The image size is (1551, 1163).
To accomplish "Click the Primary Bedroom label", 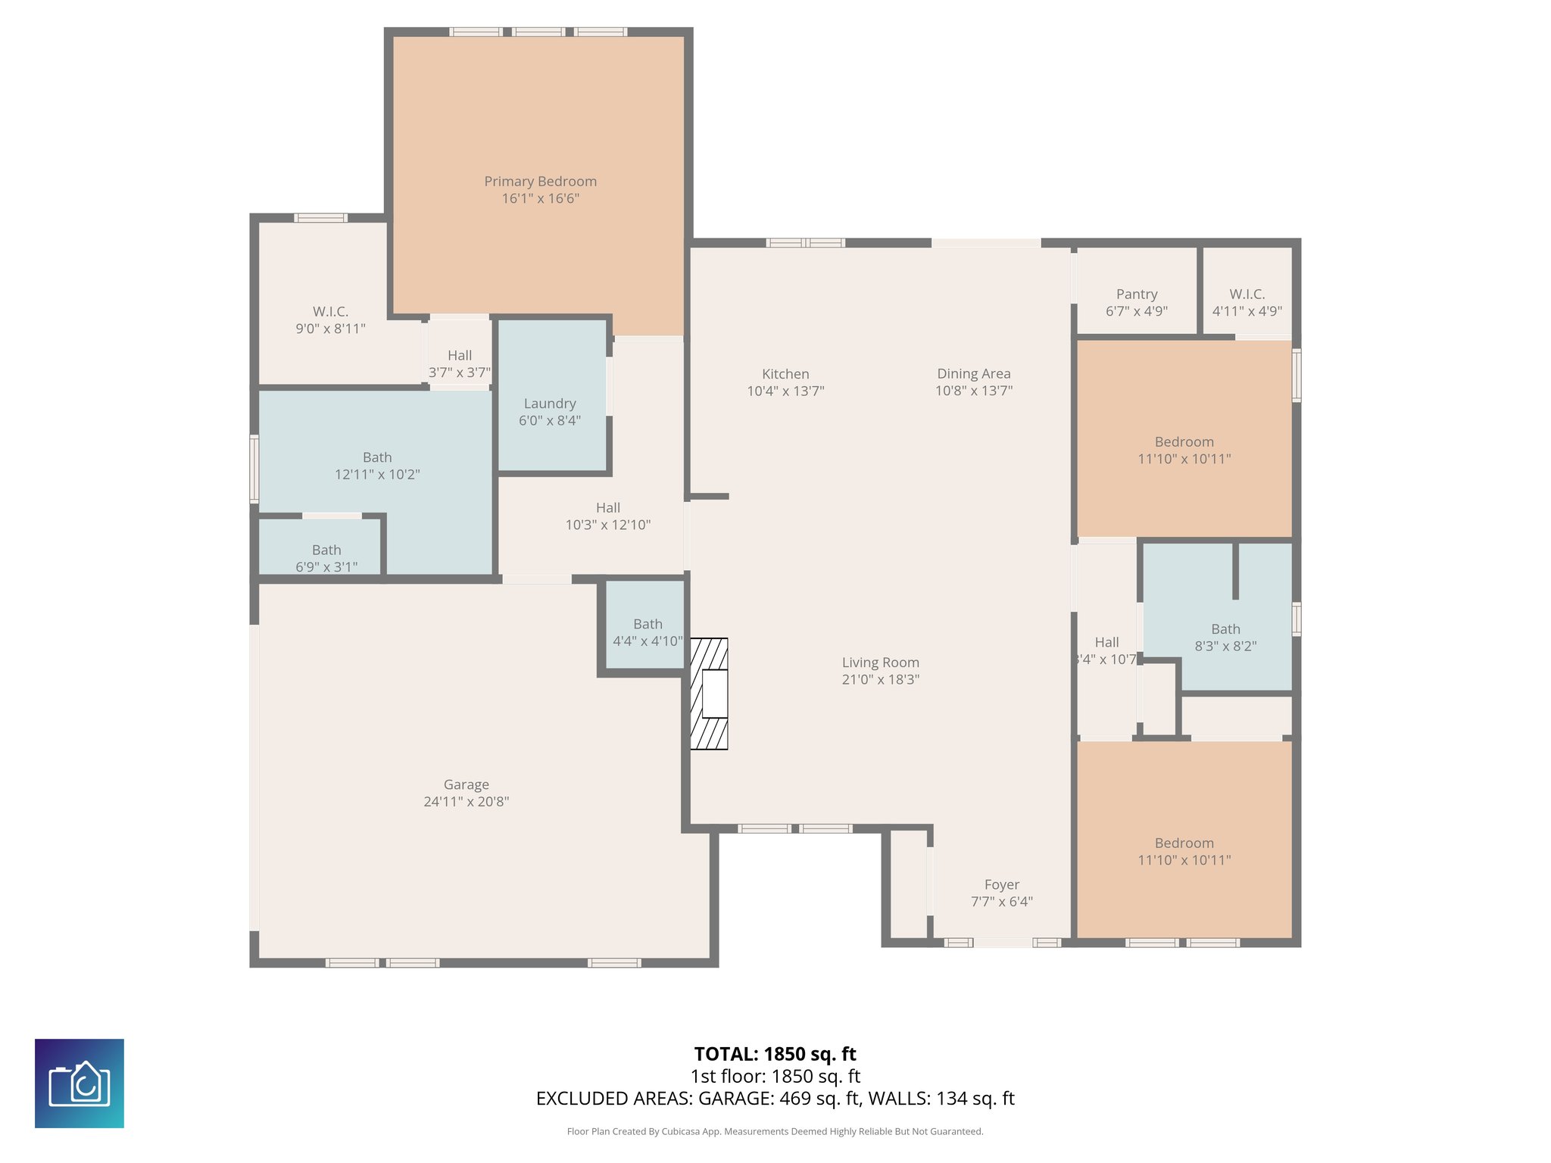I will (540, 182).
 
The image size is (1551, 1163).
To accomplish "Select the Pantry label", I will (1136, 295).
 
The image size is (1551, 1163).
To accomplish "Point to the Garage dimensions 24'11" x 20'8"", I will (466, 802).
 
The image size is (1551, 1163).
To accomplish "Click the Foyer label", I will (1001, 884).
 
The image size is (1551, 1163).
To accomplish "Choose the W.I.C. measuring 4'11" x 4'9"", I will (1247, 301).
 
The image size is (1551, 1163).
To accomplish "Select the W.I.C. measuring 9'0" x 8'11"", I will (330, 320).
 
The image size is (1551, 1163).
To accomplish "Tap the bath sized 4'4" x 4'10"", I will (647, 632).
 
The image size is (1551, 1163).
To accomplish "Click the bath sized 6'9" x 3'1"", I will (326, 558).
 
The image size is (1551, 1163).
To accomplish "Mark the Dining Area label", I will (973, 373).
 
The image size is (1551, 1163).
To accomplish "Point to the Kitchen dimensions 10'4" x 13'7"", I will (785, 391).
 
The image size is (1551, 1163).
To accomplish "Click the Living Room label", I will (880, 663).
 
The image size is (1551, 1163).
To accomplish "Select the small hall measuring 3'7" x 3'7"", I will (459, 363).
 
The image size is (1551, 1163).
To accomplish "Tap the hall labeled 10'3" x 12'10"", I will (607, 516).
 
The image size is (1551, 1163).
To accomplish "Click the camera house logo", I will (80, 1083).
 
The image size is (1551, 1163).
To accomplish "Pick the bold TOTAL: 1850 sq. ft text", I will (775, 1054).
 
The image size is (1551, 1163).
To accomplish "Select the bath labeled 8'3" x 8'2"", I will (1225, 637).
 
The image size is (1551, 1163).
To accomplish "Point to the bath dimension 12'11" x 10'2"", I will (377, 475).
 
